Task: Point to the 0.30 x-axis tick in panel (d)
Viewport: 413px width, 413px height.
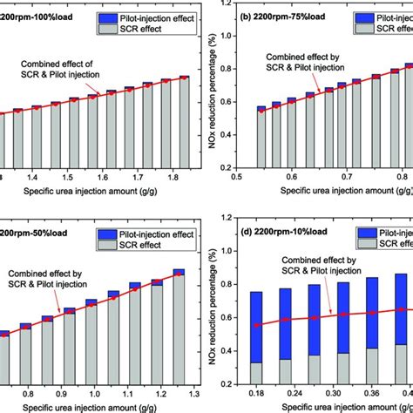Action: pos(334,393)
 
